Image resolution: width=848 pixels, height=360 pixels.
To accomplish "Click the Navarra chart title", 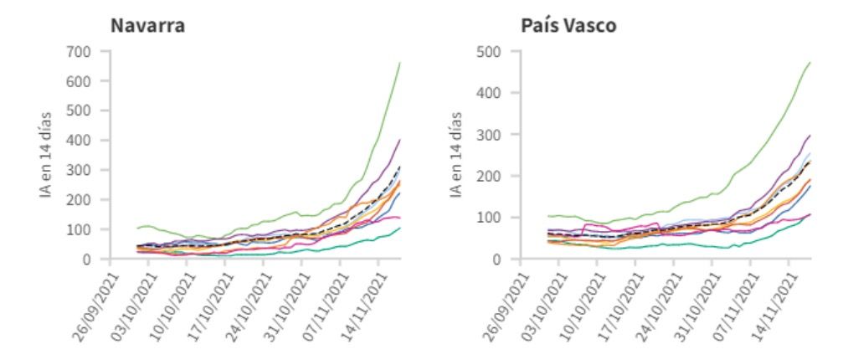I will pyautogui.click(x=147, y=26).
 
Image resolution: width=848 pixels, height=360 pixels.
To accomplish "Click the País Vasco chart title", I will pyautogui.click(x=568, y=26).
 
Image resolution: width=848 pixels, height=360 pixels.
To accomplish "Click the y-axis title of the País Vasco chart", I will pyautogui.click(x=457, y=155).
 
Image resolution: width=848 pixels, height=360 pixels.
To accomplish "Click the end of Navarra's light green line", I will pyautogui.click(x=400, y=63).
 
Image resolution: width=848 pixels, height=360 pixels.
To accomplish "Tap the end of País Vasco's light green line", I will pyautogui.click(x=810, y=63).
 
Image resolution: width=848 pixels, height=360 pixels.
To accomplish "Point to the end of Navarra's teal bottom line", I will pyautogui.click(x=400, y=228).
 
